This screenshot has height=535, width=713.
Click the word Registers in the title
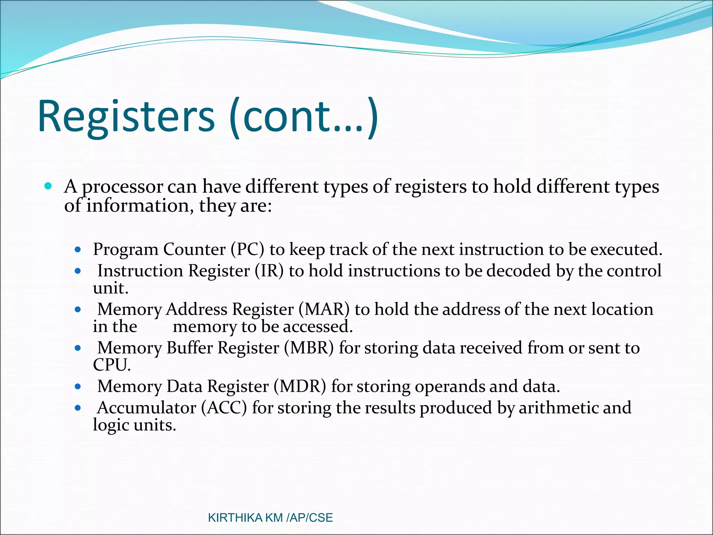click(126, 117)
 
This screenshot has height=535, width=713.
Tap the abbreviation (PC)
click(247, 249)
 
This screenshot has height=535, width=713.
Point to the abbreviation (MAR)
click(324, 309)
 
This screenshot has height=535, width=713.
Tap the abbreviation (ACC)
click(224, 408)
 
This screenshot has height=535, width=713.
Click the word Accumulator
click(147, 408)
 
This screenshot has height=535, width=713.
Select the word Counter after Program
click(194, 249)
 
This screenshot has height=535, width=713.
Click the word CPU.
click(111, 365)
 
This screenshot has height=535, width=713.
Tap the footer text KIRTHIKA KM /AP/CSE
click(270, 518)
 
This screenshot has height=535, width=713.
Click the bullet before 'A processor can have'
click(48, 186)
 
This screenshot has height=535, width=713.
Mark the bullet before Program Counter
click(78, 249)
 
